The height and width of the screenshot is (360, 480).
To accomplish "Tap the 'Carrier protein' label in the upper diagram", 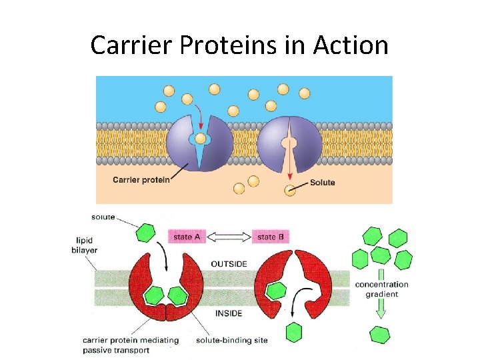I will click(141, 179).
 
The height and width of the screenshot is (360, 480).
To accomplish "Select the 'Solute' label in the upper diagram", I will click(323, 182).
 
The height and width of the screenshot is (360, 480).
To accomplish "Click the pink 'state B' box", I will click(271, 237).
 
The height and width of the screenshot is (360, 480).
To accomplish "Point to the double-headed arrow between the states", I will click(229, 237).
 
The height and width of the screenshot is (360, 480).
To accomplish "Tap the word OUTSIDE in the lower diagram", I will click(228, 263).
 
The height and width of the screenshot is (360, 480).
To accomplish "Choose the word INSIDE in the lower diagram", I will click(228, 313).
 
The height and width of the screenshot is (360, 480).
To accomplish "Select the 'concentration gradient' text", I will click(381, 289).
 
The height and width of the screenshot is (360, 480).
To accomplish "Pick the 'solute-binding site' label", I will click(231, 341).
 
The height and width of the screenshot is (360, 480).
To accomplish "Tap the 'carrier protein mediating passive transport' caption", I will click(130, 345).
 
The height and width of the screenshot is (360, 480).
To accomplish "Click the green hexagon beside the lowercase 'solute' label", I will click(145, 232).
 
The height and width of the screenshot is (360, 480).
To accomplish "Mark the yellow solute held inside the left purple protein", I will click(200, 139).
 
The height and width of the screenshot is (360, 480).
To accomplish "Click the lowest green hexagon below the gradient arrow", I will click(380, 334).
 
